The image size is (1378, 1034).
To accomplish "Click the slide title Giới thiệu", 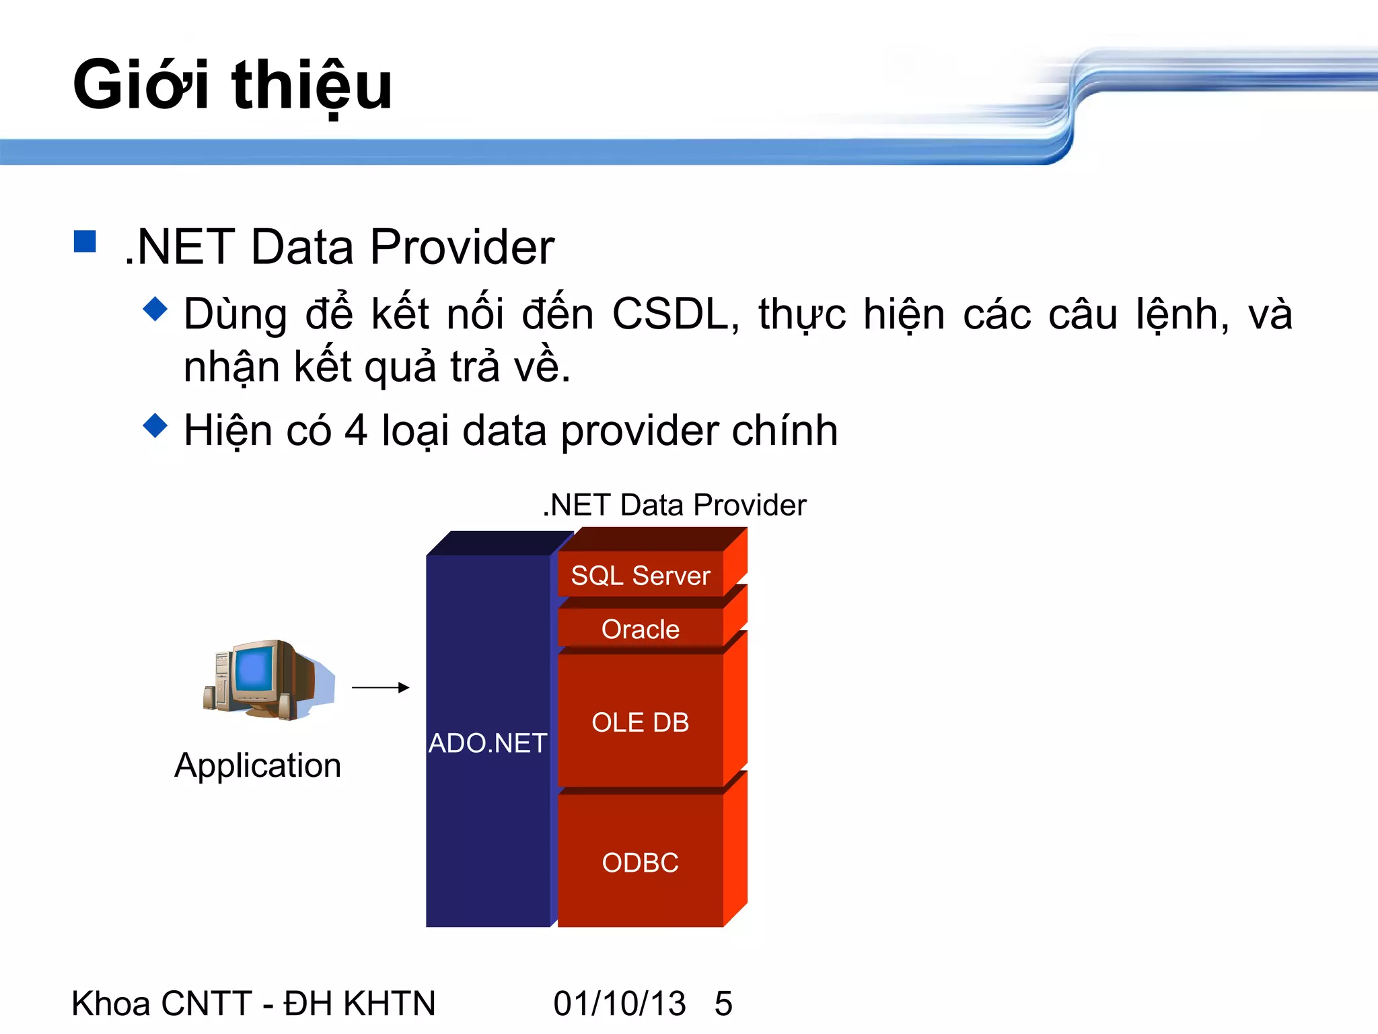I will [232, 85].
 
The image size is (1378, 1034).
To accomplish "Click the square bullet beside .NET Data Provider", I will [85, 241].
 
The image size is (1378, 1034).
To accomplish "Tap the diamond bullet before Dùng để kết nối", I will [155, 309].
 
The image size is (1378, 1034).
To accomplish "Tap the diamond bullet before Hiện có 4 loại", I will [155, 425].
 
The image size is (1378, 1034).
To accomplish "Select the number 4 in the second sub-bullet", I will [356, 431].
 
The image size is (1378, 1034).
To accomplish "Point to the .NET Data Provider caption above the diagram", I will [675, 505].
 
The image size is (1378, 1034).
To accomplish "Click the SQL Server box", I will [640, 576].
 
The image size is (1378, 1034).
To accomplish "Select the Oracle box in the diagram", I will [640, 629].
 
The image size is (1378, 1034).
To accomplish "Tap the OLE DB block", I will [640, 722].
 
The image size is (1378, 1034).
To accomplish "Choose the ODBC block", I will [640, 862].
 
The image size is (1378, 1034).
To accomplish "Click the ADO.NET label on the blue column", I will [488, 743].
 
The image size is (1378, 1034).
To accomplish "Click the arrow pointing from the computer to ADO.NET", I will [381, 687].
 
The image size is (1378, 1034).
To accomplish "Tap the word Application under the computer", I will [258, 765].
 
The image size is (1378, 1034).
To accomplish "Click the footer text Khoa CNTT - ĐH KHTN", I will [254, 1003].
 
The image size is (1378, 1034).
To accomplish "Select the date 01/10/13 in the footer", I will [619, 1003].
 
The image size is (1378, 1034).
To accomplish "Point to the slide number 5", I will [723, 1003].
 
